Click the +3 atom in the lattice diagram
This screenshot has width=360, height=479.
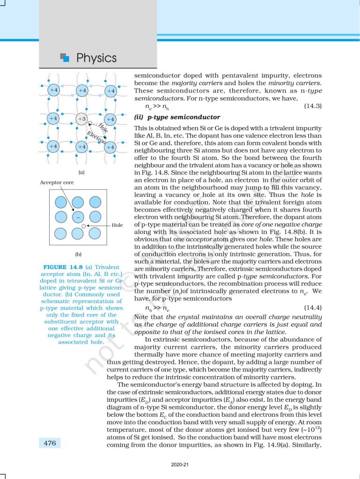click(x=82, y=118)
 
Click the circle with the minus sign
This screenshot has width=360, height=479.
click(x=78, y=218)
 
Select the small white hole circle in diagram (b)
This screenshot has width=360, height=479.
click(x=83, y=226)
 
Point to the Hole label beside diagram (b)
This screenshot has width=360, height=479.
click(x=117, y=225)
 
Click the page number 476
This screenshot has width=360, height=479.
click(x=50, y=443)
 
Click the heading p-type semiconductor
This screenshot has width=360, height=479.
click(x=177, y=117)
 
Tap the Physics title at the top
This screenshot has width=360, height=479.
click(x=96, y=58)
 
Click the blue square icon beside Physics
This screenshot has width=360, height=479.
click(x=65, y=58)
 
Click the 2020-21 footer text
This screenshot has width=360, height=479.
click(x=180, y=465)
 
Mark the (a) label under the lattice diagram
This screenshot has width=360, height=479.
click(x=81, y=172)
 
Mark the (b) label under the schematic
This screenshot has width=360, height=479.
click(x=79, y=254)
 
